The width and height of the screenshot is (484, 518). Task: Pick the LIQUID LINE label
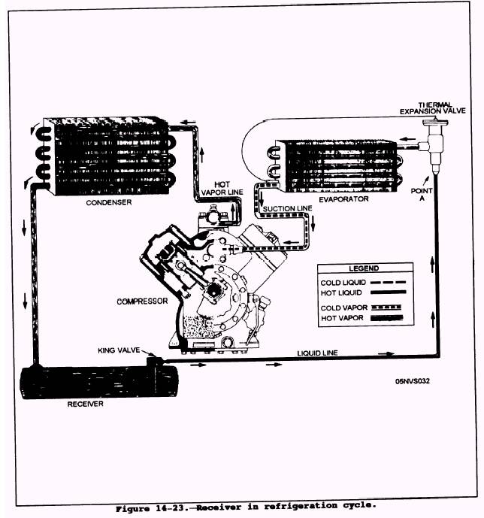tap(317, 351)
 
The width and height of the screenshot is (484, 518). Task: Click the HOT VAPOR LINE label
tap(219, 189)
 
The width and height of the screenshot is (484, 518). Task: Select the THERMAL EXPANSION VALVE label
tap(432, 108)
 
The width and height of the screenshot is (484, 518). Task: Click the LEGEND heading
tap(364, 268)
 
